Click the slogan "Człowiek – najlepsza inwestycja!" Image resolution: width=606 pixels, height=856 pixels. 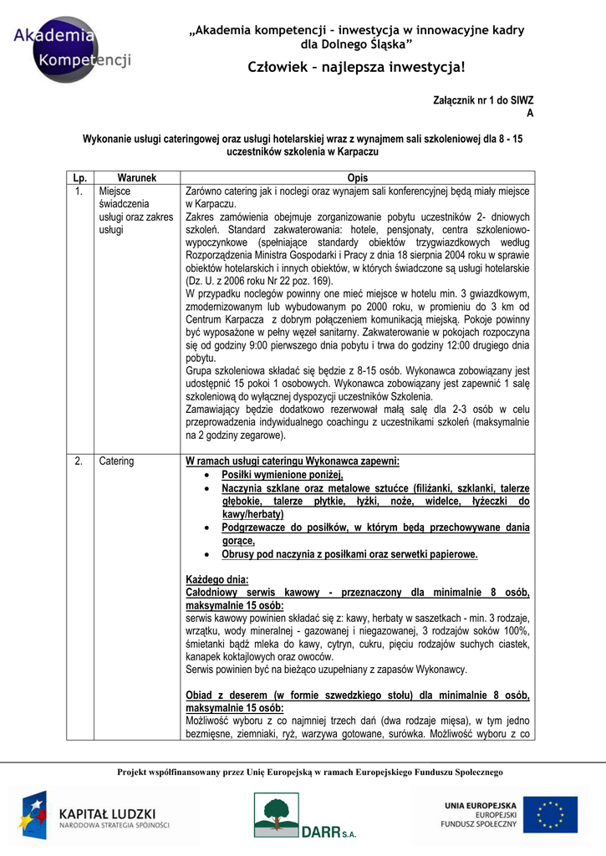(357, 67)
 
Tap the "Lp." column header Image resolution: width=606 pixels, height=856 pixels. (80, 178)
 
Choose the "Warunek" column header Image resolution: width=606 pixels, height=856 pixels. (137, 178)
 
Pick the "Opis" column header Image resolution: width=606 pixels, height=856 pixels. (358, 178)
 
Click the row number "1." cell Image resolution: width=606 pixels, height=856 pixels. (79, 191)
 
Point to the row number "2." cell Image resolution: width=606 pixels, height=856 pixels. (79, 461)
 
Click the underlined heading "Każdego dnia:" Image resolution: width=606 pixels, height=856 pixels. (216, 579)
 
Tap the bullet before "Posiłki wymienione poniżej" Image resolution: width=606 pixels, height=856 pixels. (206, 475)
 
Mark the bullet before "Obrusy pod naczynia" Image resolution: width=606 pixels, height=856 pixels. (206, 554)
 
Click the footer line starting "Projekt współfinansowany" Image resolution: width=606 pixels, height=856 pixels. (309, 772)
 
